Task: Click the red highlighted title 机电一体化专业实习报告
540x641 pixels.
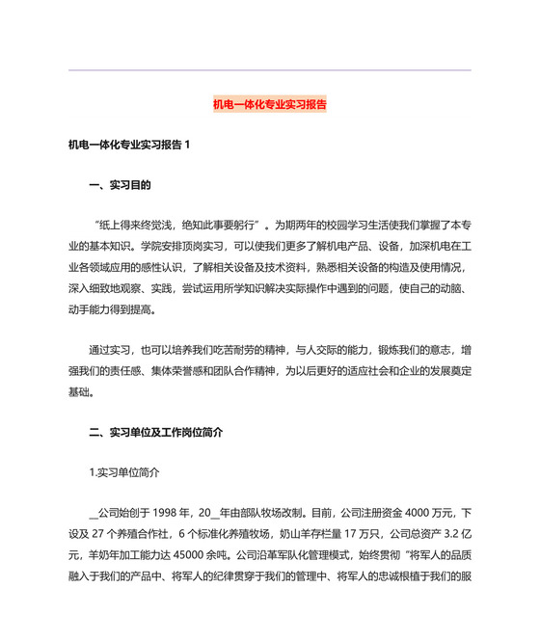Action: click(269, 103)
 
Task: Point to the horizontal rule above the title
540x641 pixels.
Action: click(269, 70)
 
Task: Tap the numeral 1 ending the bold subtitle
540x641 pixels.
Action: click(188, 145)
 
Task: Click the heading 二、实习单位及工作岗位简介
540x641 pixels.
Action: click(155, 434)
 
